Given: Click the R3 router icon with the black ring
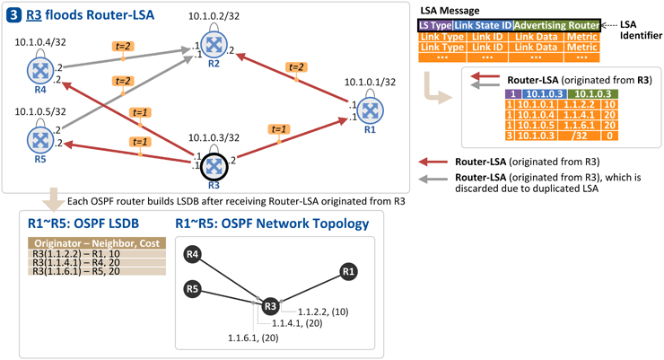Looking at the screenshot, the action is click(214, 167).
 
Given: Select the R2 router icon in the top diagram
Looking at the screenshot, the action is click(214, 45).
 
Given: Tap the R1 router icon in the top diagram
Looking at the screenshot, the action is click(370, 111).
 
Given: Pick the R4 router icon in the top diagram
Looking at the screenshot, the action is click(40, 71).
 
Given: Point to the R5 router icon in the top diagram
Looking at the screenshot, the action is click(40, 140).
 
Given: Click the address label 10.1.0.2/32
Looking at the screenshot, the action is click(214, 16).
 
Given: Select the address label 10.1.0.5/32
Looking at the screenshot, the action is click(40, 111).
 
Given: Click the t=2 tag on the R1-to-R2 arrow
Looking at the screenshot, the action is click(296, 67).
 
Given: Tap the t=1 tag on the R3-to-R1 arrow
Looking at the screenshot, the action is click(279, 128).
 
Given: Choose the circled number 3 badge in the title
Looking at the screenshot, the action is click(13, 15).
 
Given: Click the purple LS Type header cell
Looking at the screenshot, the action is click(436, 25).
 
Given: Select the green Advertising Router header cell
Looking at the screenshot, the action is click(557, 25).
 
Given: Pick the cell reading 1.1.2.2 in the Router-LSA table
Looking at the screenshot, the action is click(579, 105).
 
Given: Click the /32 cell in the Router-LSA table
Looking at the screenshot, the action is click(579, 136).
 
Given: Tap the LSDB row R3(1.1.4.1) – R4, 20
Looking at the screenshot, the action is click(97, 262).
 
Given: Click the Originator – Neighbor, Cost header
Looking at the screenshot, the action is click(97, 243).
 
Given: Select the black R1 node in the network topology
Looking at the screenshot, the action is click(348, 271).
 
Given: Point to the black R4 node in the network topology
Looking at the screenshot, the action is click(193, 254).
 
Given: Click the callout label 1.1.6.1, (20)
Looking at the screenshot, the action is click(253, 338).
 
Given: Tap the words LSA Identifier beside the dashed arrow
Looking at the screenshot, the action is click(641, 30).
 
